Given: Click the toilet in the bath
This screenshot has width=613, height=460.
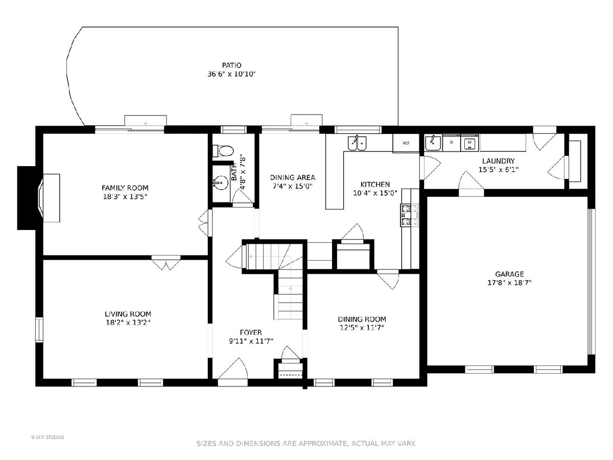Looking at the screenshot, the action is click(x=223, y=151).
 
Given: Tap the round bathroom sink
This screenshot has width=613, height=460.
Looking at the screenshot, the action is click(x=221, y=183).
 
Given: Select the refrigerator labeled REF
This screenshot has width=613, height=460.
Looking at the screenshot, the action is click(x=406, y=143).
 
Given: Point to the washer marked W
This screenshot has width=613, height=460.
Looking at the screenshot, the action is click(x=469, y=143).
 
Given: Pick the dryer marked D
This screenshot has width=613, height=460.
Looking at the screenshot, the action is click(x=452, y=143).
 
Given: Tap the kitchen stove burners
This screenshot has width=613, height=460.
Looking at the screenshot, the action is click(x=410, y=215).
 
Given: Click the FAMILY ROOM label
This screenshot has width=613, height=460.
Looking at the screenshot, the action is click(x=125, y=188).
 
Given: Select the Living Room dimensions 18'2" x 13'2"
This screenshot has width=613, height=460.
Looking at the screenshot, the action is click(x=128, y=323).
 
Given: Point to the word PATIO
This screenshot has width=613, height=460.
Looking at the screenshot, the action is click(x=231, y=65).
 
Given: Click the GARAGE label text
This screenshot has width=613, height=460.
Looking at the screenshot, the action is click(x=509, y=274).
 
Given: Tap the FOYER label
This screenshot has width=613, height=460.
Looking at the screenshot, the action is click(x=251, y=332).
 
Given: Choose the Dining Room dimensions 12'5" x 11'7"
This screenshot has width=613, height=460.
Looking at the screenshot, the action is click(x=362, y=327).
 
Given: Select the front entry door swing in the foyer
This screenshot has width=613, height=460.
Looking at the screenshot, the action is click(x=233, y=369).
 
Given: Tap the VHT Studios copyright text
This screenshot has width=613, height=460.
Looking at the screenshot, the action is click(x=48, y=437).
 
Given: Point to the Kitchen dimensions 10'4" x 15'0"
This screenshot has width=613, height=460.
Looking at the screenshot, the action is click(x=375, y=193).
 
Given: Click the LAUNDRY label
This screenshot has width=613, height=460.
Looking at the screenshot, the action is click(x=498, y=161).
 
